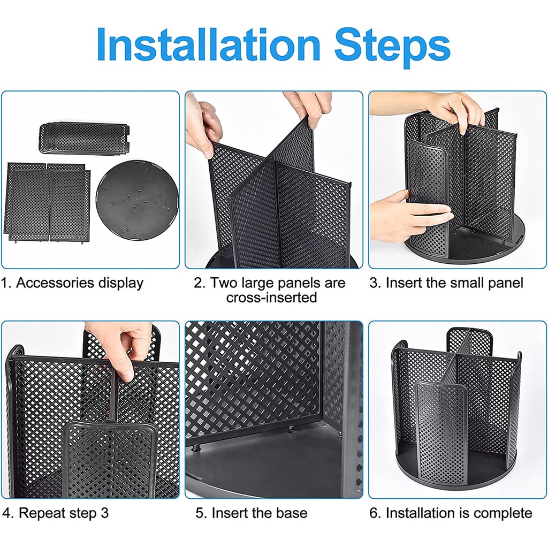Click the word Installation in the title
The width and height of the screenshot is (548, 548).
(208, 44)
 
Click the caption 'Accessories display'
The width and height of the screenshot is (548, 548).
(79, 283)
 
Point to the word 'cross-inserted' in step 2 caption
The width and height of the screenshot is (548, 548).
(271, 298)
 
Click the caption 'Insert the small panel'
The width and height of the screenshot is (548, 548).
(454, 283)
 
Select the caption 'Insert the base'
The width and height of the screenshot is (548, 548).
(260, 513)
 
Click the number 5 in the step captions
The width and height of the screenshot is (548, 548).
(199, 513)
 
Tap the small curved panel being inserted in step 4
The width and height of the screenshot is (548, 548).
(110, 460)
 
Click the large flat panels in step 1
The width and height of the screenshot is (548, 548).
(48, 202)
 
